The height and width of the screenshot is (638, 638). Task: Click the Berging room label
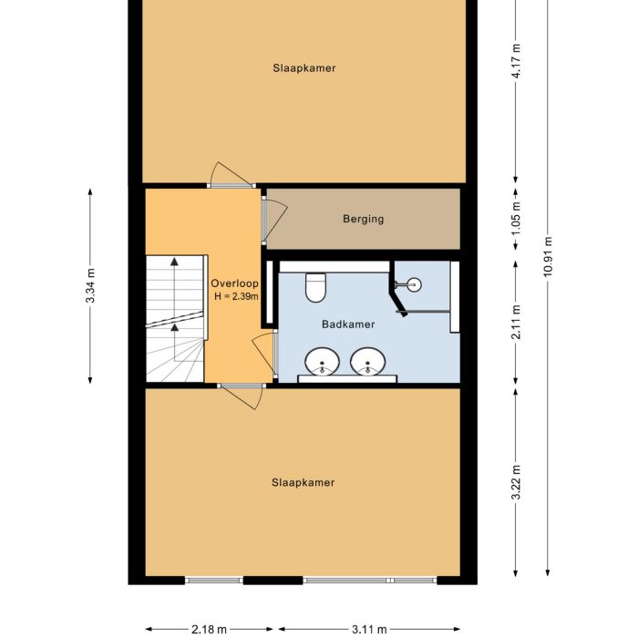(x=363, y=219)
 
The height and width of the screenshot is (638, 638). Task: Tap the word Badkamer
(x=348, y=324)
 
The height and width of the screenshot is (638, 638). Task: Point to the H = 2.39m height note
(x=236, y=296)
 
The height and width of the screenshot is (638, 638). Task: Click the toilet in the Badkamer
(x=316, y=286)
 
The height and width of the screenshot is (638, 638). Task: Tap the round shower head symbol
(x=415, y=284)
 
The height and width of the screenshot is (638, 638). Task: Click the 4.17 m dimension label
(x=516, y=61)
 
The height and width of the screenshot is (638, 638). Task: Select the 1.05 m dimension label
(x=516, y=219)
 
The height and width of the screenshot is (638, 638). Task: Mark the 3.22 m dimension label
(x=516, y=482)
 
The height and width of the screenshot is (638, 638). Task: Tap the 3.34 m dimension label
(x=89, y=286)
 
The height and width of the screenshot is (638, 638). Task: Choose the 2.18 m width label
(x=209, y=629)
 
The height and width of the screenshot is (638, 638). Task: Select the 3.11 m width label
(x=368, y=629)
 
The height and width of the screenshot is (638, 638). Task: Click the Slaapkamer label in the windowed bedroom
(x=303, y=482)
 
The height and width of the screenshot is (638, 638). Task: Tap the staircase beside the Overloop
(x=174, y=319)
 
